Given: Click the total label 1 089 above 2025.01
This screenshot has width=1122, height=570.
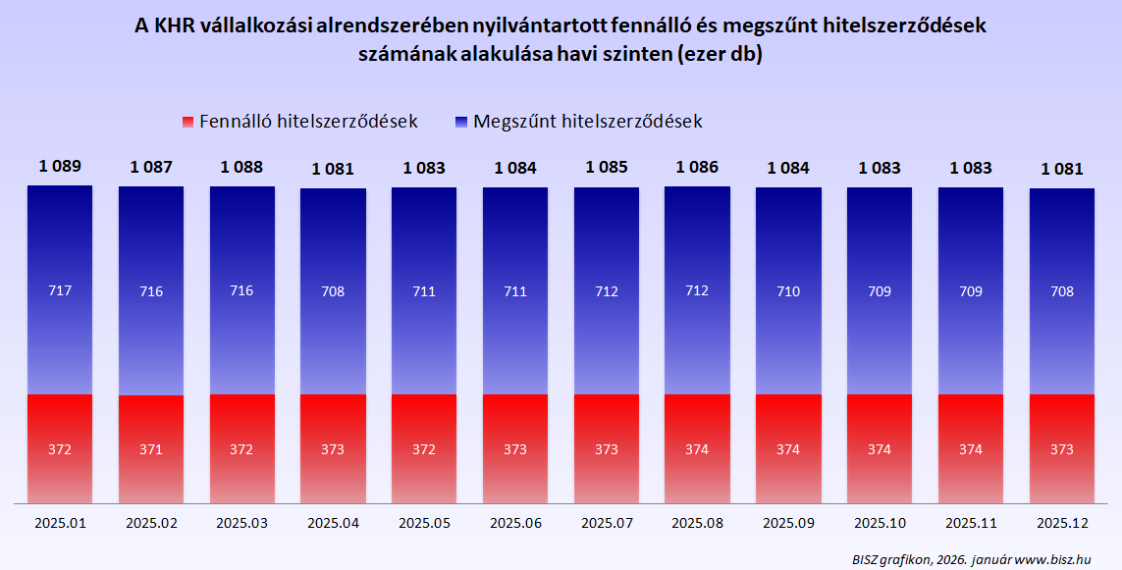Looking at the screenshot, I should pyautogui.click(x=60, y=167).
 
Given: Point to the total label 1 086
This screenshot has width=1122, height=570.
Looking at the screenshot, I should pyautogui.click(x=697, y=167).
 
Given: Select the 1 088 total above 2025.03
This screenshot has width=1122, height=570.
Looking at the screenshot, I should pyautogui.click(x=241, y=167).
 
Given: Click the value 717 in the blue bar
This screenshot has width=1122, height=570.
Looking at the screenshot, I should pyautogui.click(x=60, y=291).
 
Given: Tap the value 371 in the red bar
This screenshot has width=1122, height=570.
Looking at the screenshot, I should pyautogui.click(x=151, y=449).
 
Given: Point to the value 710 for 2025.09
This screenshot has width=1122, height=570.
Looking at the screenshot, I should pyautogui.click(x=788, y=291).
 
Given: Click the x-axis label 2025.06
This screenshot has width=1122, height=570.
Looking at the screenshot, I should pyautogui.click(x=515, y=523).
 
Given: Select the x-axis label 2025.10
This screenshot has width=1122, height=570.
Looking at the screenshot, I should pyautogui.click(x=880, y=523).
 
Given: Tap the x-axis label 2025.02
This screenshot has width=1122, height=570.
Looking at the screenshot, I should pyautogui.click(x=151, y=523).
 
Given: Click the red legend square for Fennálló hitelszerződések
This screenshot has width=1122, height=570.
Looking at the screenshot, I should pyautogui.click(x=188, y=123).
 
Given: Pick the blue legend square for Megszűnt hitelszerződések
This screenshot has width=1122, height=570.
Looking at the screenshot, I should pyautogui.click(x=462, y=123).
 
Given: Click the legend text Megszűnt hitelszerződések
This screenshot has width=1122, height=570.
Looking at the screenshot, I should pyautogui.click(x=587, y=122).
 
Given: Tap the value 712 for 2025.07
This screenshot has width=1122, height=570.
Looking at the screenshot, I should pyautogui.click(x=606, y=291).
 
